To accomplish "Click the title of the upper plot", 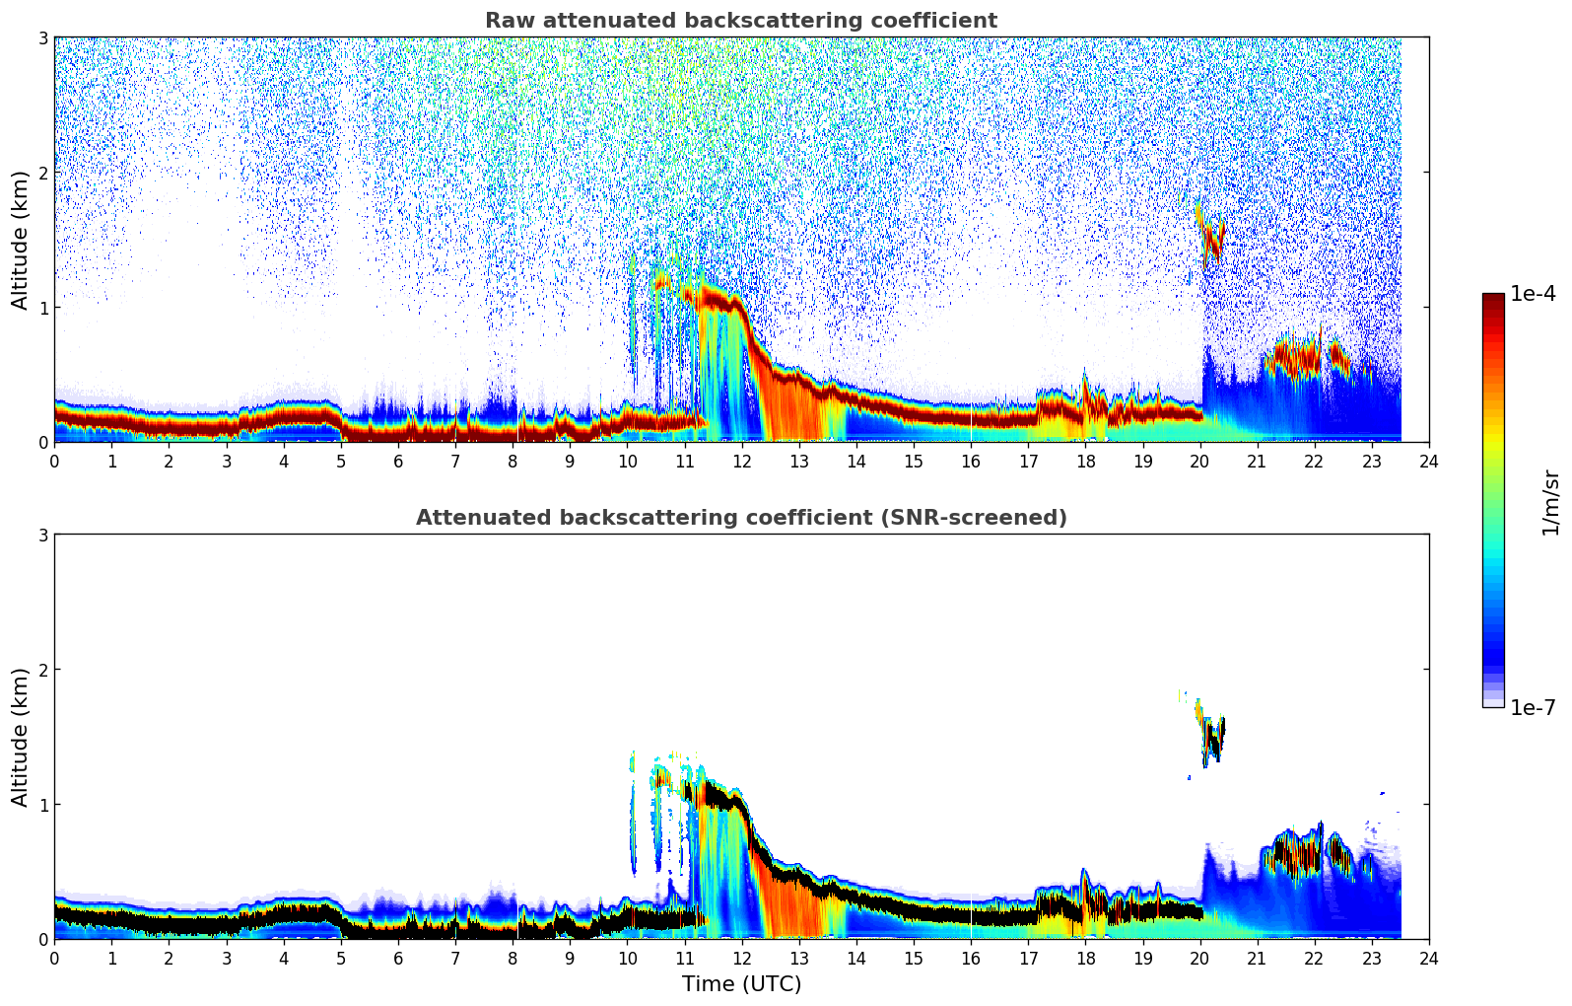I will [740, 21].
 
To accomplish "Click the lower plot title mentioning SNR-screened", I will [740, 518].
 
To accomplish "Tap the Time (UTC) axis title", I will [741, 983].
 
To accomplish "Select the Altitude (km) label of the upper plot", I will [20, 240].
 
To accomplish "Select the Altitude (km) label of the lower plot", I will [20, 737].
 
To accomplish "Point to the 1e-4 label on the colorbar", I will [1533, 294].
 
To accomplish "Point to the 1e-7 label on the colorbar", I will [1533, 707].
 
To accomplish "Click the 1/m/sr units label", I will [1550, 502].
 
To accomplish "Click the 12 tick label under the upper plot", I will [741, 461].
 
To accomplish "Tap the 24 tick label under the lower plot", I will [1429, 958].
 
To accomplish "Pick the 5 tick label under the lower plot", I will [341, 958].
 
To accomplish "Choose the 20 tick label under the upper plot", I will [1199, 461].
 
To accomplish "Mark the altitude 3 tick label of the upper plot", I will [42, 37].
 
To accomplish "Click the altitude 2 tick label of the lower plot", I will [42, 670].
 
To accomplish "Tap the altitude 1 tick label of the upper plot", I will [42, 308].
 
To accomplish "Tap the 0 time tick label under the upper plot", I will [54, 461].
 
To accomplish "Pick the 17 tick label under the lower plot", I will [1028, 958].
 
